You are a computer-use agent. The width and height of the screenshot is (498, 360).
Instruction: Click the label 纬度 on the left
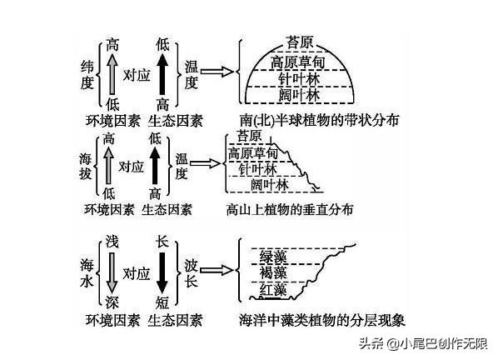(x=87, y=75)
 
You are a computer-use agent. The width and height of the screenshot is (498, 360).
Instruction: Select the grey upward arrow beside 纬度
(x=112, y=73)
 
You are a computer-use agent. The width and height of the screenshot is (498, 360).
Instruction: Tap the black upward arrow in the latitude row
(x=162, y=73)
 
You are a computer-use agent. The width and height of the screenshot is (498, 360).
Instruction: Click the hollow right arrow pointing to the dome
(x=217, y=72)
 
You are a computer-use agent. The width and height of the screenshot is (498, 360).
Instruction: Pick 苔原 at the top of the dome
(x=300, y=42)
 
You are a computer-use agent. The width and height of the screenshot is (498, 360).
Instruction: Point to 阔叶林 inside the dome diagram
(x=299, y=95)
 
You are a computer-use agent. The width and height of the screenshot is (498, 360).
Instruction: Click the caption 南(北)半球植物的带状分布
(x=319, y=120)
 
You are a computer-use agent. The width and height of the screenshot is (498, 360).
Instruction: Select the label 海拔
(x=86, y=166)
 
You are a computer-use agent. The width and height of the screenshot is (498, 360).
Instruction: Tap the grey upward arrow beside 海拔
(x=108, y=166)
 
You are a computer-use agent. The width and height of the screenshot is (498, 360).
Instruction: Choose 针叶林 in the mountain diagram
(x=257, y=169)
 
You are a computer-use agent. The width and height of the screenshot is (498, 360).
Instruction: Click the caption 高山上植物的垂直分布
(x=290, y=210)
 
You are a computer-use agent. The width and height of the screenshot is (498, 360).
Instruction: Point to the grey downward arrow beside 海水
(x=112, y=272)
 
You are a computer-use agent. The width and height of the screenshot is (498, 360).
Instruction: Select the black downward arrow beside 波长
(x=162, y=272)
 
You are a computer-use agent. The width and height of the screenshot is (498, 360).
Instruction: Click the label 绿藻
(x=273, y=256)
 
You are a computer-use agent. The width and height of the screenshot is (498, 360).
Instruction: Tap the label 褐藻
(x=273, y=272)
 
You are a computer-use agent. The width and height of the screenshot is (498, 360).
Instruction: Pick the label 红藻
(x=273, y=289)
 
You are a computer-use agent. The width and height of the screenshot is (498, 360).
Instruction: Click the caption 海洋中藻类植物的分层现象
(x=322, y=320)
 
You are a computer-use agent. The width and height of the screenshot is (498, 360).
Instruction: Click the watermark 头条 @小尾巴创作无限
(x=423, y=343)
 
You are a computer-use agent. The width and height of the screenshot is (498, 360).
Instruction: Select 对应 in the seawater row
(x=137, y=273)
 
